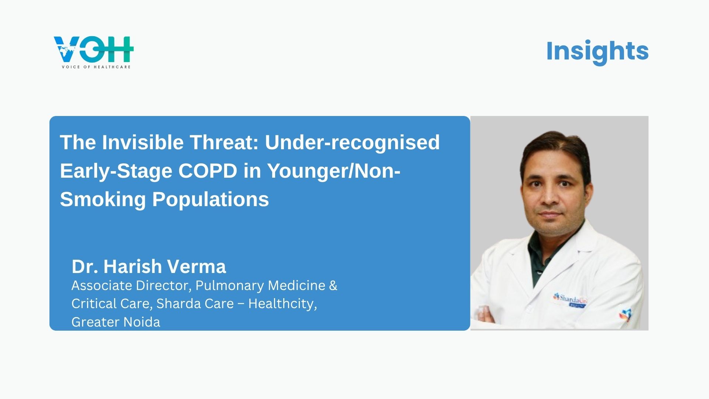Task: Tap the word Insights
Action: (597, 51)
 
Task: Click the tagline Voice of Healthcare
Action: (96, 67)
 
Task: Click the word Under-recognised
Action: (352, 143)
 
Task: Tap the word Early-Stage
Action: (116, 171)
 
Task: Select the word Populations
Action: (210, 200)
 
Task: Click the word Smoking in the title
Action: (103, 200)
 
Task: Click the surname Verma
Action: (197, 266)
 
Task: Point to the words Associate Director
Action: (131, 286)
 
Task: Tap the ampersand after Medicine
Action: (333, 286)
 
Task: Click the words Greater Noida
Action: (116, 322)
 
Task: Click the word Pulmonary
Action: (230, 286)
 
